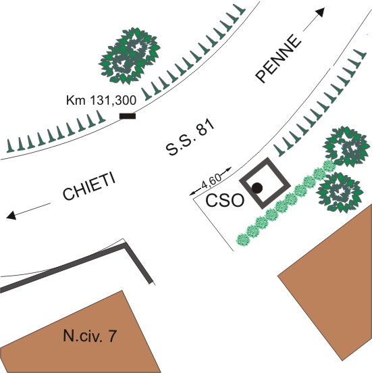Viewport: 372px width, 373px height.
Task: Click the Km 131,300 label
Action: click(101, 100)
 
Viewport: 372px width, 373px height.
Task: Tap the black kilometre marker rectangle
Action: click(128, 116)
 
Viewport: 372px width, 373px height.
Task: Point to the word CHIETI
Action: click(89, 187)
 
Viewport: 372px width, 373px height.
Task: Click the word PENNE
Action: click(278, 59)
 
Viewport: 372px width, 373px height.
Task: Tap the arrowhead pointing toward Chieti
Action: click(11, 216)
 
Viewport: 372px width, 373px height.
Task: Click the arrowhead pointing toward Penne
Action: click(320, 12)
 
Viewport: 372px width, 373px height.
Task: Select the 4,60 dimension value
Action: click(211, 182)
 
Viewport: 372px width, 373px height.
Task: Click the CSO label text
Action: click(225, 201)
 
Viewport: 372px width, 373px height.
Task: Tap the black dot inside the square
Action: click(257, 188)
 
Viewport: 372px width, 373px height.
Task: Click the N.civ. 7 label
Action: click(90, 336)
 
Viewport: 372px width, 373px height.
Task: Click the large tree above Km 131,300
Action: click(130, 55)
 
